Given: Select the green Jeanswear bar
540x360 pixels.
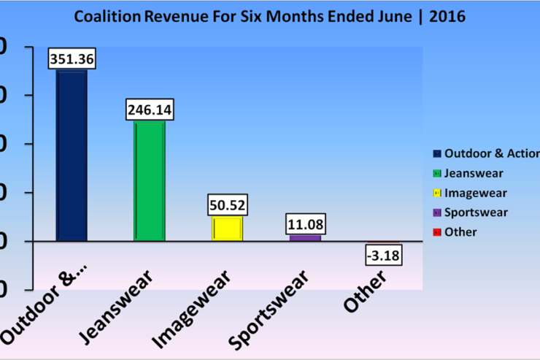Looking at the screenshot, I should pyautogui.click(x=150, y=180).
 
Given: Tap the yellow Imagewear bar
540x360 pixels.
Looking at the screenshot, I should pyautogui.click(x=227, y=229).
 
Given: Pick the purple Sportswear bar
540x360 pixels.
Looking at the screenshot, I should pyautogui.click(x=304, y=237).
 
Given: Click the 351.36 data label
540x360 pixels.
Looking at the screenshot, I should pyautogui.click(x=72, y=59).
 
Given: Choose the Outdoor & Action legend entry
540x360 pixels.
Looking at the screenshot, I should pyautogui.click(x=490, y=153).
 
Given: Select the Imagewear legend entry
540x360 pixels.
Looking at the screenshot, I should pyautogui.click(x=475, y=193).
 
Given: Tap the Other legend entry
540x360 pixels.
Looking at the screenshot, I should pyautogui.click(x=460, y=232).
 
